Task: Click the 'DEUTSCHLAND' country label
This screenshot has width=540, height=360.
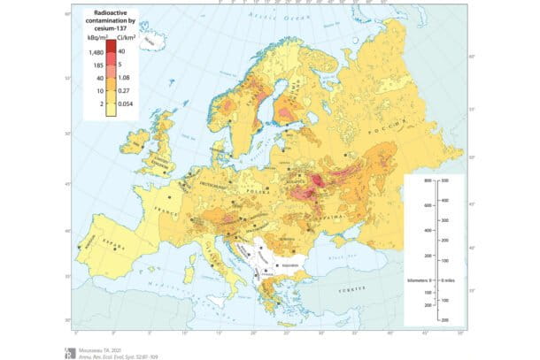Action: [212, 187]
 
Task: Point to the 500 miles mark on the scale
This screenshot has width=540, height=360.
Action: [448, 181]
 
